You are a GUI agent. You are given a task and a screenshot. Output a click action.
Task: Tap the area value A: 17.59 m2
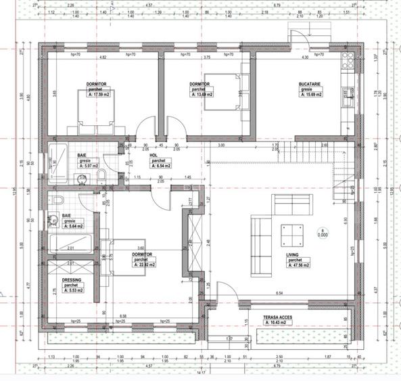pos(98,95)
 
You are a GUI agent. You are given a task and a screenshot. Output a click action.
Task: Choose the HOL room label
pos(154,154)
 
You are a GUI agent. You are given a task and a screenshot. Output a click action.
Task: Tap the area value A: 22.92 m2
pos(145,265)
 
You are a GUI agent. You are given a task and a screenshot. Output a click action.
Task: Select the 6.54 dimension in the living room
pos(279,292)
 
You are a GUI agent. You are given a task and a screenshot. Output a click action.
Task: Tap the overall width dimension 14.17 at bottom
pos(200,372)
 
